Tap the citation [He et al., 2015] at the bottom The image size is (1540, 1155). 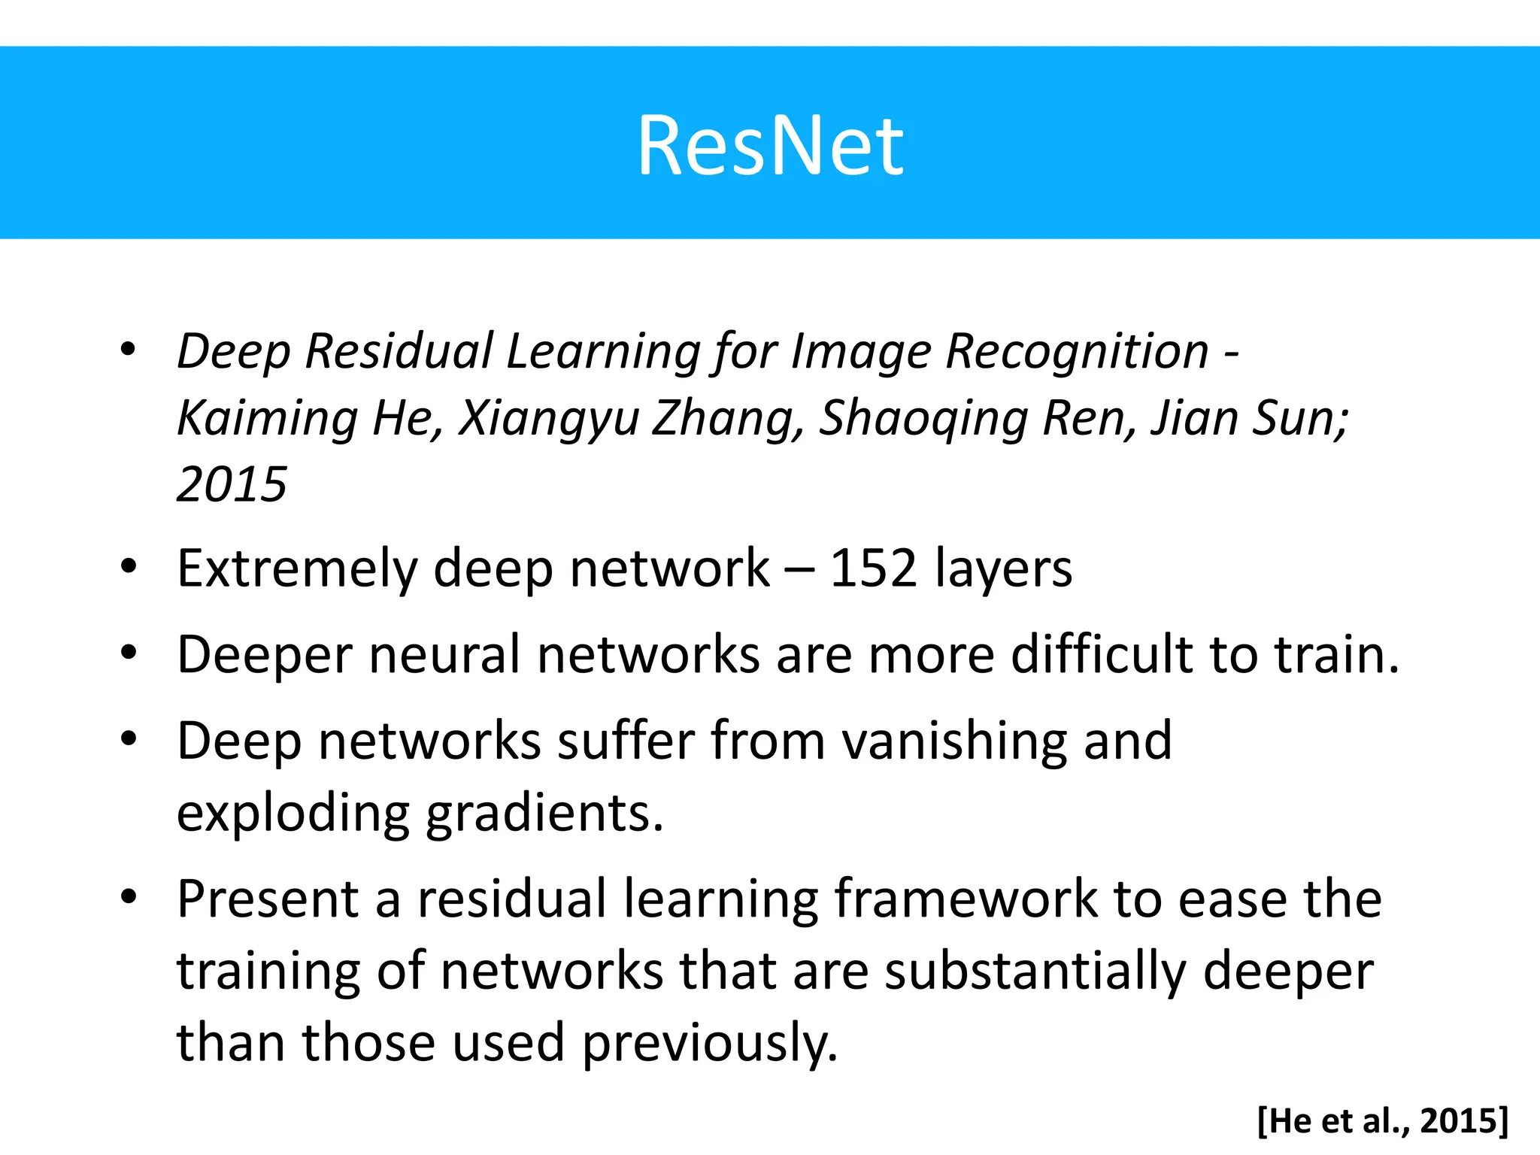coord(1383,1120)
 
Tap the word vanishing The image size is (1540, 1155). coord(953,741)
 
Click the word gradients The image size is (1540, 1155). coord(545,814)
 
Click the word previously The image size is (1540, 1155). coord(710,1044)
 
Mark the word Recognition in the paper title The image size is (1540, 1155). coord(1077,351)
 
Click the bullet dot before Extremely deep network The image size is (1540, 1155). coord(129,566)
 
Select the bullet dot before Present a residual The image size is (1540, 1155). coord(129,897)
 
